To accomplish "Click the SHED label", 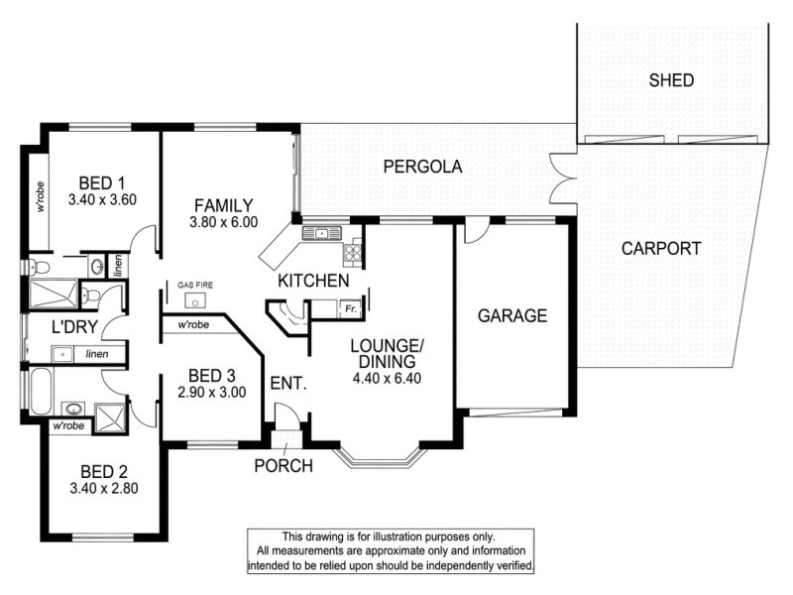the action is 671,80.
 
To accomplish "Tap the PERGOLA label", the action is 423,167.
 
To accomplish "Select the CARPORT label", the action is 661,249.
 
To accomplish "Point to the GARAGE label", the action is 512,315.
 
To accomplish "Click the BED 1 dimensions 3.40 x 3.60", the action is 103,200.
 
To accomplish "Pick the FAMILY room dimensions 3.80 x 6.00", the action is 224,221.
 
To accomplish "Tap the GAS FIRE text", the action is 195,285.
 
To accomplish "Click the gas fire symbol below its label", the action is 194,300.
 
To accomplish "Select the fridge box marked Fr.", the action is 351,308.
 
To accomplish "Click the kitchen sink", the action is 321,233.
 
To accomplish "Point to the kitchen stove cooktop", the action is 353,252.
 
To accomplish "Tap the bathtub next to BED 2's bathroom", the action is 41,391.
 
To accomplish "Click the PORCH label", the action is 283,465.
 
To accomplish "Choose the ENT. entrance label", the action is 288,383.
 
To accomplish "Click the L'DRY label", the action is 74,327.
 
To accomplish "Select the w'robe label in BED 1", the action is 40,196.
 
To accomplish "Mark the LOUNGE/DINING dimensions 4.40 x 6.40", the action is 387,378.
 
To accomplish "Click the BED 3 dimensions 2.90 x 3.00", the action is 212,392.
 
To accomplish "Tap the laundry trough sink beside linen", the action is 62,354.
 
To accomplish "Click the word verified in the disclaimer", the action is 516,565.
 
